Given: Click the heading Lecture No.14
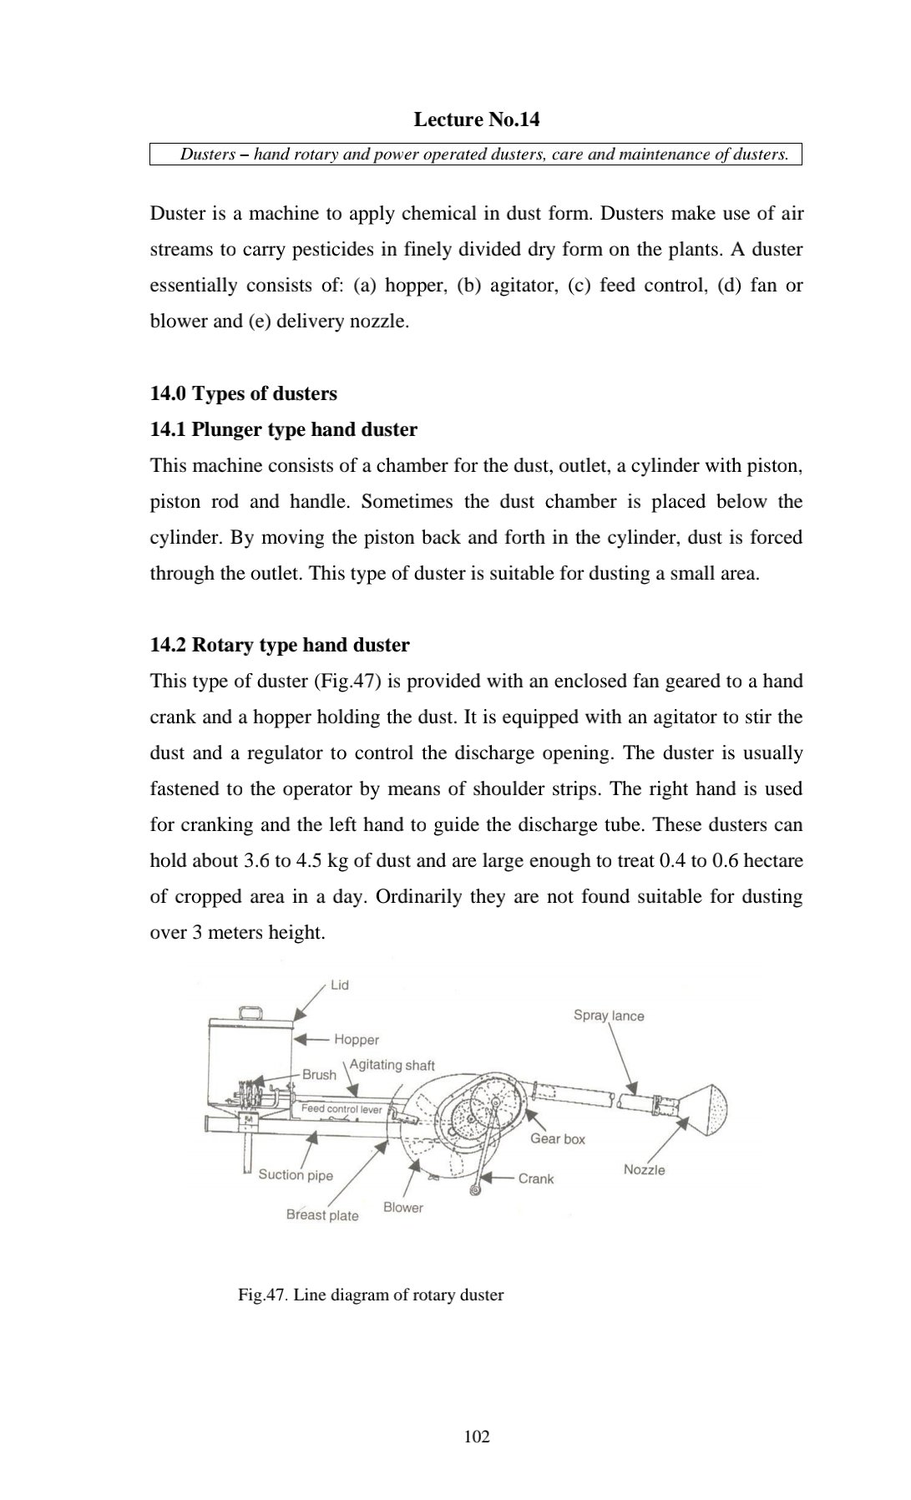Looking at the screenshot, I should [x=476, y=119].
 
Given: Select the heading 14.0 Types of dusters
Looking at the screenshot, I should [x=243, y=393].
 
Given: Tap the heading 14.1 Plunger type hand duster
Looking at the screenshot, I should [x=283, y=429].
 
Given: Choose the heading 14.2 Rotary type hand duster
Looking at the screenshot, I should [x=280, y=645].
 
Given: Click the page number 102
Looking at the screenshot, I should [x=477, y=1437].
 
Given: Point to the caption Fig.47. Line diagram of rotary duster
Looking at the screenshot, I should [x=371, y=1295].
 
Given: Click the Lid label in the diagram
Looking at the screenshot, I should [x=340, y=986].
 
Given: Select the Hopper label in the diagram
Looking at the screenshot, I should [x=357, y=1040].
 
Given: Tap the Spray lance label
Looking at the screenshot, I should [x=609, y=1016].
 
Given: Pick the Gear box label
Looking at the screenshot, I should [x=558, y=1139].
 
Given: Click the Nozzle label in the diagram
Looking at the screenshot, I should [x=644, y=1170].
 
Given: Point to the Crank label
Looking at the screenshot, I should [x=536, y=1178].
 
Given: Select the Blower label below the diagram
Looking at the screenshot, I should [x=403, y=1208].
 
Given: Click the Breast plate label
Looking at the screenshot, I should [x=322, y=1216].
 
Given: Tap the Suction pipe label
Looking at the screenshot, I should [x=296, y=1175].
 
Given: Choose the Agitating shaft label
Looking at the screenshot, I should [x=392, y=1065].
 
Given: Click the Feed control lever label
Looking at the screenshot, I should [x=342, y=1109].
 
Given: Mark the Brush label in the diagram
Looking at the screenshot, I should [x=319, y=1075].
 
